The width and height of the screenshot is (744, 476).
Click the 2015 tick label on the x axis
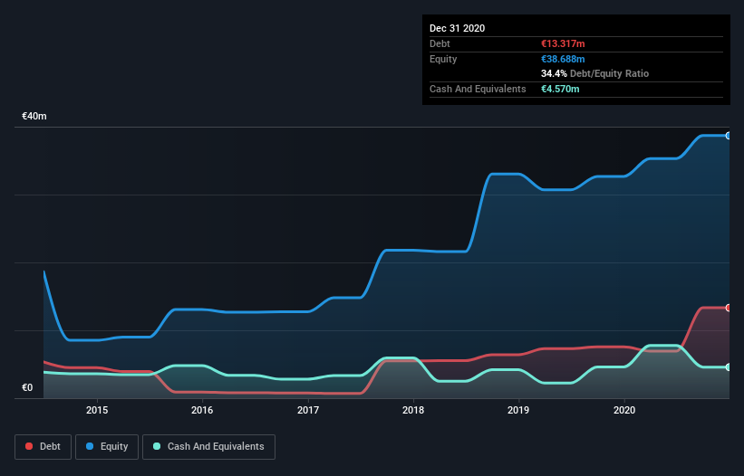[x=97, y=410]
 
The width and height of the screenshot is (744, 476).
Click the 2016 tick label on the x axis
[x=202, y=410]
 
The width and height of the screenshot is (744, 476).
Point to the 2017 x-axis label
[x=308, y=410]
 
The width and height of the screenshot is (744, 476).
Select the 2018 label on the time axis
[x=413, y=410]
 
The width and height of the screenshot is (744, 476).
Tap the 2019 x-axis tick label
[x=519, y=410]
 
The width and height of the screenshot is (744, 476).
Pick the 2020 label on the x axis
[x=624, y=410]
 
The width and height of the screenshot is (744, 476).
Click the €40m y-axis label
[x=34, y=117]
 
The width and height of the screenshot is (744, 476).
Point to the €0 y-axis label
[x=27, y=388]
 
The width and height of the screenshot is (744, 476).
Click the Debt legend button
[x=43, y=446]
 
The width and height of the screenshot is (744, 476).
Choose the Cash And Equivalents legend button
[x=208, y=446]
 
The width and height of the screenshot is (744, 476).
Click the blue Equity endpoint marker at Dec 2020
[x=728, y=136]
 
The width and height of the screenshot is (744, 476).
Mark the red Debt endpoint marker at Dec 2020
[x=728, y=308]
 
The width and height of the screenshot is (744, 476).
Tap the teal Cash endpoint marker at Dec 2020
[x=728, y=367]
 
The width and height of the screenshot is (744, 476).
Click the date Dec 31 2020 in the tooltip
[x=457, y=28]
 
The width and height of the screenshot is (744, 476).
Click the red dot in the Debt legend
[x=30, y=446]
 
